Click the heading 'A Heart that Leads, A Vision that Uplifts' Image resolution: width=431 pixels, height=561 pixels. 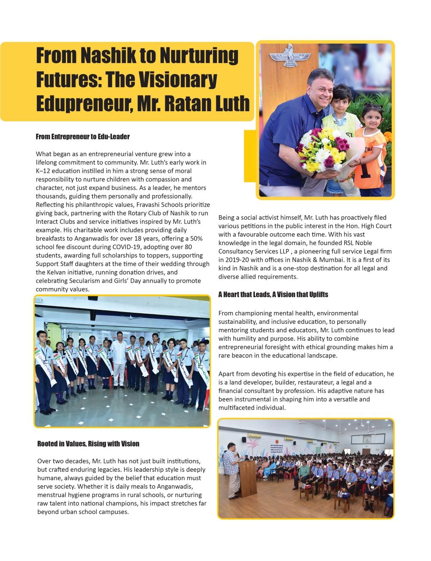273,294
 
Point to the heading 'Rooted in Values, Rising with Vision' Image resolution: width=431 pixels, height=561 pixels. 88,443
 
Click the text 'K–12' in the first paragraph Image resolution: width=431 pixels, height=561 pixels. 43,171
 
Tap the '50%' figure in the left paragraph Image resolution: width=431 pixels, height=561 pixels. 195,238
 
